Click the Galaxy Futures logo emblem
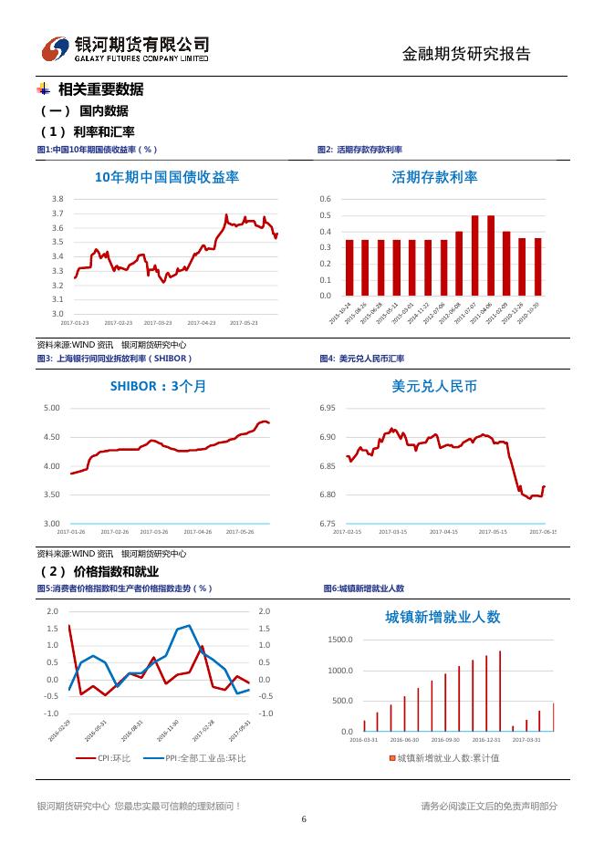[x=57, y=48]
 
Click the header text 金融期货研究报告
[x=466, y=54]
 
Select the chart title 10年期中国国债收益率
[x=167, y=177]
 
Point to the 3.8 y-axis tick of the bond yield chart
[x=57, y=199]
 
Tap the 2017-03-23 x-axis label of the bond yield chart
[x=158, y=322]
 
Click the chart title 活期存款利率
[x=434, y=177]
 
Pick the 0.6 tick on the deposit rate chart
[x=325, y=199]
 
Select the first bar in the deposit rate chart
[x=349, y=267]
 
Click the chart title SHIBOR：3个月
[x=159, y=386]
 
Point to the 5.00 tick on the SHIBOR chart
[x=52, y=408]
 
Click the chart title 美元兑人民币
[x=434, y=386]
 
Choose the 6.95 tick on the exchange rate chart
[x=327, y=408]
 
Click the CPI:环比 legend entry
[x=103, y=758]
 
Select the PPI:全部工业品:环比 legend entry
[x=195, y=758]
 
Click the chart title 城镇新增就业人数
[x=443, y=617]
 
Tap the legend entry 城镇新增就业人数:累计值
[x=447, y=758]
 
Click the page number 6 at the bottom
[x=303, y=818]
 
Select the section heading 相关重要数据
[x=100, y=89]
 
